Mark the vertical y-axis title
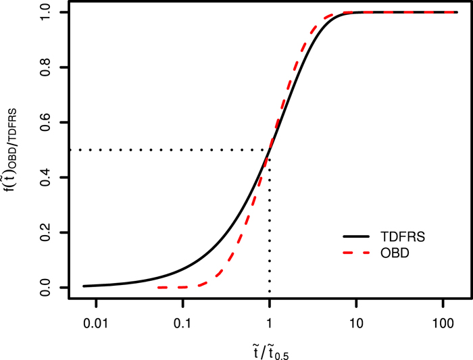[15, 150]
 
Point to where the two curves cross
[270, 150]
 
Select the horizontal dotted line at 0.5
[169, 150]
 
